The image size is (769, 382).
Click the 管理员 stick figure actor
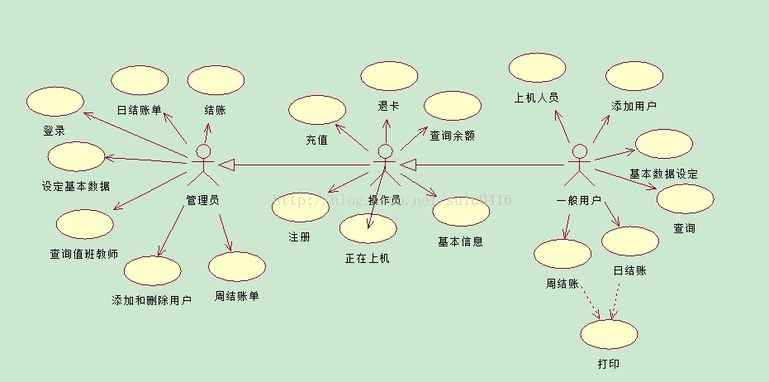pos(202,165)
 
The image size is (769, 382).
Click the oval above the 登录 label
pos(55,102)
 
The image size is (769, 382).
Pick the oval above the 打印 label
pos(610,334)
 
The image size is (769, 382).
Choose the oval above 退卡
pos(389,76)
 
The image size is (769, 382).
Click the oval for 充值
pos(317,110)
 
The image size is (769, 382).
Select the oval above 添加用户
pos(634,76)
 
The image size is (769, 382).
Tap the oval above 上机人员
pos(537,69)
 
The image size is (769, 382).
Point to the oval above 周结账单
pos(236,266)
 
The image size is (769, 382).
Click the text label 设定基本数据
pos(75,186)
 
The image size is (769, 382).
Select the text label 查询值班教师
pos(83,254)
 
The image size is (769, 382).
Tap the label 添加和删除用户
pos(151,299)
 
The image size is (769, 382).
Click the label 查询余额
pos(452,136)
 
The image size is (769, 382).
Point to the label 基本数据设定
pos(663,174)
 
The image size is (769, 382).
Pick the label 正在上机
pos(367,258)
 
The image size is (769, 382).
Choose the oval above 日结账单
pos(140,80)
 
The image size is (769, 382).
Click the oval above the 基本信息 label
pos(460,212)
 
